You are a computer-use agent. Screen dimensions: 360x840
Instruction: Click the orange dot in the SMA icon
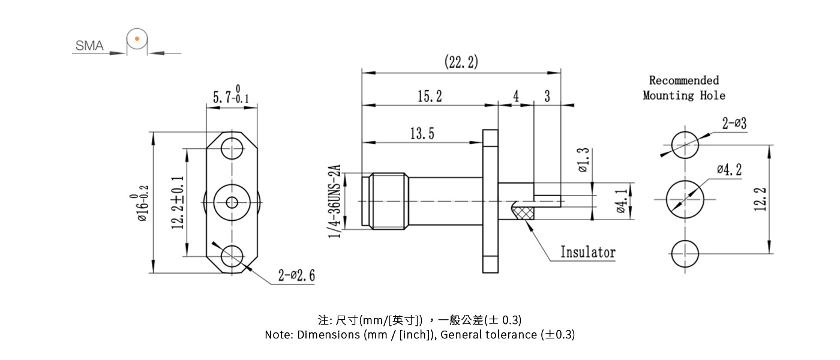click(137, 39)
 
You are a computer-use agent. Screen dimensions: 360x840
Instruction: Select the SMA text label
click(89, 46)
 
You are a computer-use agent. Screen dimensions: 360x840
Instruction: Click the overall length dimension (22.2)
click(461, 62)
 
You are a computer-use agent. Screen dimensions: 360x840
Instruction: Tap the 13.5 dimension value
click(422, 134)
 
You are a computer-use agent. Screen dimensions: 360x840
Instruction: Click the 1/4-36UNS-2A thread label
click(335, 200)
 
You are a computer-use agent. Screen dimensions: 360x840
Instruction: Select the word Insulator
click(587, 252)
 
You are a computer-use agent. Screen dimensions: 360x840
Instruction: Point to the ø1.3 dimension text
click(583, 160)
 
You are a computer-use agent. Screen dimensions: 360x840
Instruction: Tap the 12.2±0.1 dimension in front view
click(177, 202)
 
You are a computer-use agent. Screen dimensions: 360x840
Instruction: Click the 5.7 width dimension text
click(232, 96)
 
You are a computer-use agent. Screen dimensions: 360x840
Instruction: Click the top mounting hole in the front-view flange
click(232, 148)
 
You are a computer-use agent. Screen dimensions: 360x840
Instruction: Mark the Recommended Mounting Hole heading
click(684, 88)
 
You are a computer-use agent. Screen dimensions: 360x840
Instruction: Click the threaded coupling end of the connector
click(388, 200)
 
